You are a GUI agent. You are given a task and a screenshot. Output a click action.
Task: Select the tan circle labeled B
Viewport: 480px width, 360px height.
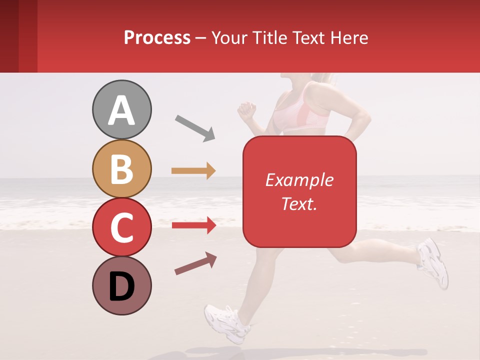tap(121, 168)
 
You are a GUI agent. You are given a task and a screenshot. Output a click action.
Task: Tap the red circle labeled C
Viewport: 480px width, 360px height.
tap(121, 227)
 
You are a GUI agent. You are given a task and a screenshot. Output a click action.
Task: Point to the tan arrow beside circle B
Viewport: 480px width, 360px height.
tap(193, 171)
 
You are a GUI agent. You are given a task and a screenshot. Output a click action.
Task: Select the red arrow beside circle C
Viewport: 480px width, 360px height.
tap(193, 225)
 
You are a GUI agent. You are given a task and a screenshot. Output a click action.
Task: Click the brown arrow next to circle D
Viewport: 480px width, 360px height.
tap(195, 264)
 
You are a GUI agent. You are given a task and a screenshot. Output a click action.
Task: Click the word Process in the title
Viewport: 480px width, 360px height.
tap(157, 37)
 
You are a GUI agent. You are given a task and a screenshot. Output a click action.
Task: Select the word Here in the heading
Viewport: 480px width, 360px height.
tap(350, 37)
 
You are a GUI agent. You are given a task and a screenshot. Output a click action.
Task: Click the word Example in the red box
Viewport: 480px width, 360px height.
tap(299, 180)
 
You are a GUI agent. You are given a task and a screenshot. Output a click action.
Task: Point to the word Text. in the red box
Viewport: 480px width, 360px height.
tap(299, 203)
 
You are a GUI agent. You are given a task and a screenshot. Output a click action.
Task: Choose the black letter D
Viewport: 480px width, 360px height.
tap(121, 287)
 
